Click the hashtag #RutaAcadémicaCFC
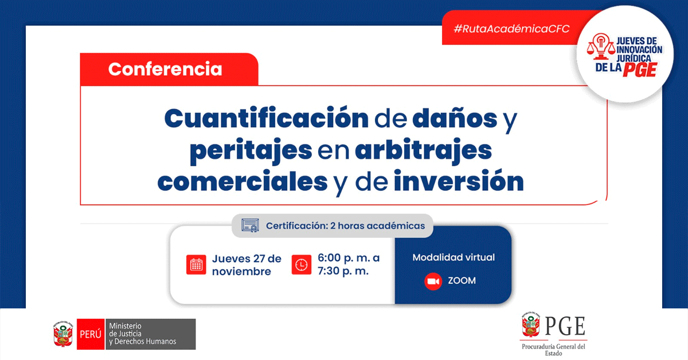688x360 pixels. pyautogui.click(x=511, y=29)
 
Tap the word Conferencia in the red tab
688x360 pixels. pyautogui.click(x=165, y=69)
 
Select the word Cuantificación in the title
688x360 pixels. pyautogui.click(x=266, y=118)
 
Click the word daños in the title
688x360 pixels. pyautogui.click(x=455, y=118)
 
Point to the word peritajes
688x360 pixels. pyautogui.click(x=251, y=151)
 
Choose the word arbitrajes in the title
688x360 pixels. pyautogui.click(x=424, y=151)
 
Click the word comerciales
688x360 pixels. pyautogui.click(x=243, y=182)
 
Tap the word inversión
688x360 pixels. pyautogui.click(x=459, y=181)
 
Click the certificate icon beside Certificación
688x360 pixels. pyautogui.click(x=250, y=225)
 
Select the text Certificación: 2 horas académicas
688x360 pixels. pyautogui.click(x=345, y=226)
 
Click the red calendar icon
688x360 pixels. pyautogui.click(x=196, y=264)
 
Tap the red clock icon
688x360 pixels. pyautogui.click(x=302, y=264)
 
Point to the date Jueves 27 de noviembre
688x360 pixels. pyautogui.click(x=247, y=265)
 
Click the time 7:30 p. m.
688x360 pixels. pyautogui.click(x=343, y=271)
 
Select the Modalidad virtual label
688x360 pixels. pyautogui.click(x=454, y=257)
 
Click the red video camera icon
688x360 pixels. pyautogui.click(x=433, y=281)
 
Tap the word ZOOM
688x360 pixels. pyautogui.click(x=462, y=281)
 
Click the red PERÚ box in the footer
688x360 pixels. pyautogui.click(x=91, y=334)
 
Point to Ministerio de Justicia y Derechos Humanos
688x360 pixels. pyautogui.click(x=143, y=334)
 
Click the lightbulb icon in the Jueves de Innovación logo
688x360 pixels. pyautogui.click(x=601, y=46)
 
